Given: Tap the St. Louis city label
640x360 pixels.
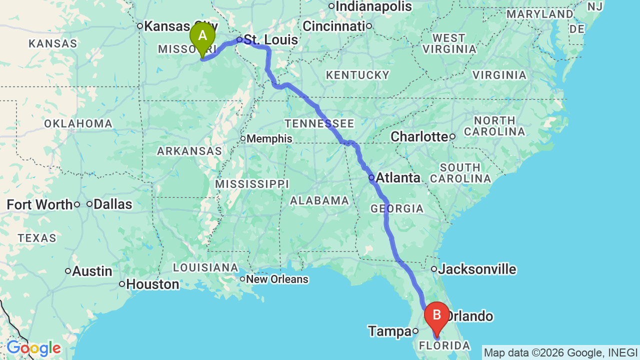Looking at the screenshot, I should (x=270, y=40).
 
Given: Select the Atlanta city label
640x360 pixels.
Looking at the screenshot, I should (x=397, y=177).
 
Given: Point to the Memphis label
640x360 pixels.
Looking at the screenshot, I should (x=269, y=138).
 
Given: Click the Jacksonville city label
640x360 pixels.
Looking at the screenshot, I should (x=477, y=269).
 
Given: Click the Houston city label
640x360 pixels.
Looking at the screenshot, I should (x=152, y=284).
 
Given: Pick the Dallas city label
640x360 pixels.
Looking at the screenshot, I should (x=112, y=204).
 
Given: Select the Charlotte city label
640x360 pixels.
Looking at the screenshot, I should (x=419, y=136).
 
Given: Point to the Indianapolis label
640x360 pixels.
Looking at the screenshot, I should (x=374, y=6).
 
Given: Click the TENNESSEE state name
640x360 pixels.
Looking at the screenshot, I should (x=319, y=123).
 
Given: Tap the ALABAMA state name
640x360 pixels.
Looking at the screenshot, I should (x=319, y=200).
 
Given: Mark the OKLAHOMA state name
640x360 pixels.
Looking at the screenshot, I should (x=78, y=123).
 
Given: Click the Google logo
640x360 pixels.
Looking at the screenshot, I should (x=33, y=348).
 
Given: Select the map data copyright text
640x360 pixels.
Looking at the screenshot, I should (x=560, y=352).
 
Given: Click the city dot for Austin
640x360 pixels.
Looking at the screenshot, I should (x=68, y=271).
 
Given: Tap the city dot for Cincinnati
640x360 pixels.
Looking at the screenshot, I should (x=368, y=26).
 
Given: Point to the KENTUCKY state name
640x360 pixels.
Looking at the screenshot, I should (x=357, y=75).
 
